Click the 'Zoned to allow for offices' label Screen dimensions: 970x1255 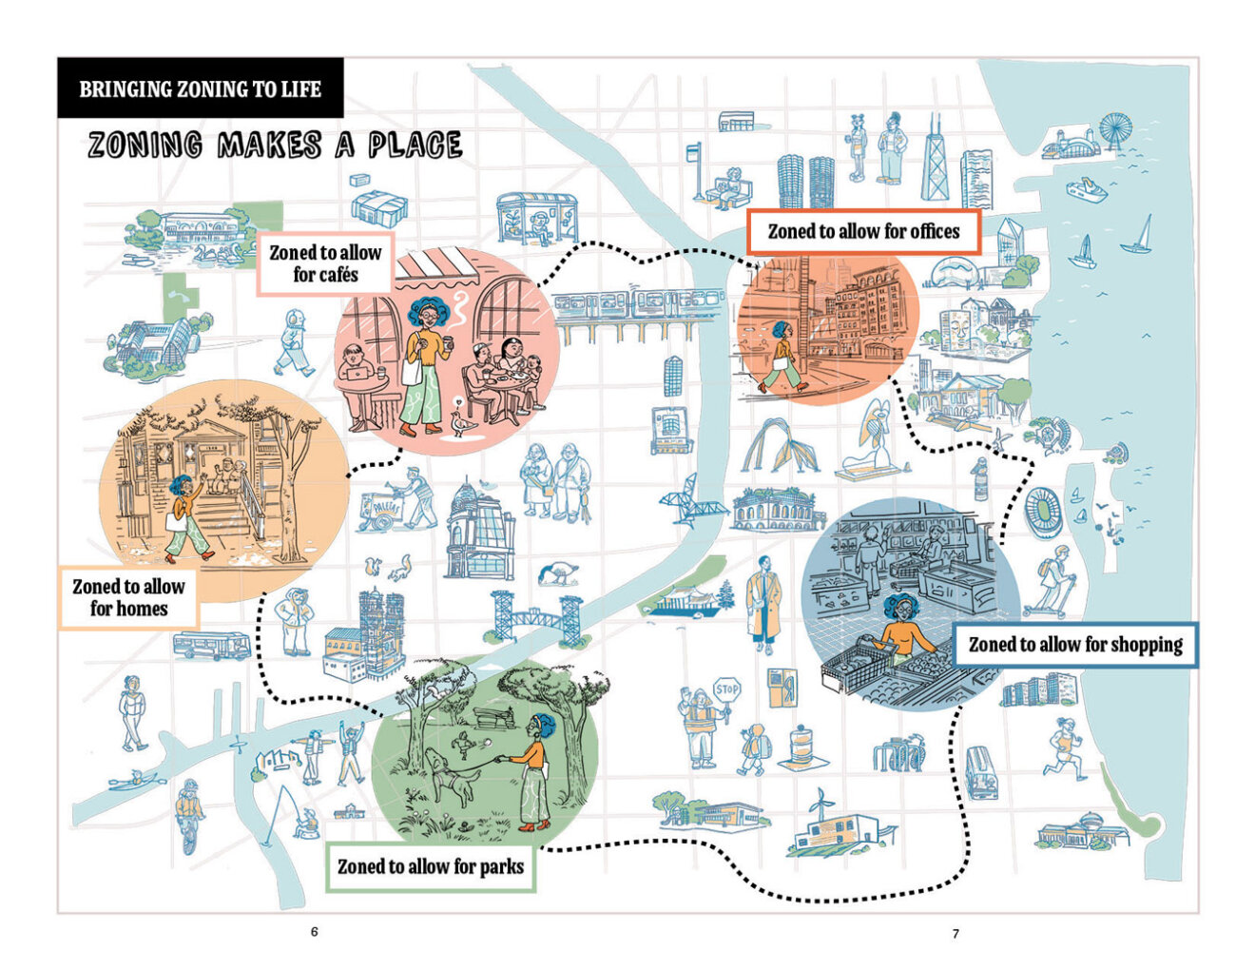(863, 232)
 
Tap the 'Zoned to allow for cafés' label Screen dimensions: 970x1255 (325, 263)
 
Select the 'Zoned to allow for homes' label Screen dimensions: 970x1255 (129, 597)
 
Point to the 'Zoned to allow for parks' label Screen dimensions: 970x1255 (431, 866)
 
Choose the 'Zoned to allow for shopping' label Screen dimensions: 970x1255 (1075, 645)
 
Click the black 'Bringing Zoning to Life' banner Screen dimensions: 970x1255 (200, 89)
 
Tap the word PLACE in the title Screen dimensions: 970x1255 (415, 145)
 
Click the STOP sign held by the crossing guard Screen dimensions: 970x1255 (726, 689)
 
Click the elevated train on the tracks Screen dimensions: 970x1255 (627, 304)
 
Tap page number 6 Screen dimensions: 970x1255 (315, 932)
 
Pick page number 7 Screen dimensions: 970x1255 (956, 934)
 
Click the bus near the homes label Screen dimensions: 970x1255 (211, 646)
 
